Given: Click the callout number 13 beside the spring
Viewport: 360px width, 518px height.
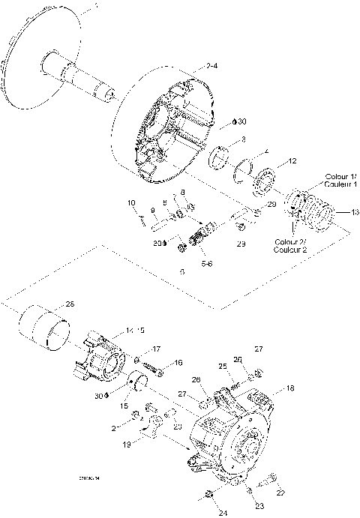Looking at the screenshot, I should pyautogui.click(x=344, y=211).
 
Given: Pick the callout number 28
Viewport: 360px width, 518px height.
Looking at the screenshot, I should pyautogui.click(x=70, y=304).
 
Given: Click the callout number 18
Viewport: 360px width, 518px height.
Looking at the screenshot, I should pyautogui.click(x=290, y=390).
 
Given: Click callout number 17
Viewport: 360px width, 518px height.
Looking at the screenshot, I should pyautogui.click(x=156, y=349).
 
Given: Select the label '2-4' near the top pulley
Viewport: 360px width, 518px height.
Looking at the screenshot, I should pyautogui.click(x=212, y=67).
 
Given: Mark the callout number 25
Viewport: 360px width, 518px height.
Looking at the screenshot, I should pyautogui.click(x=222, y=366).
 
